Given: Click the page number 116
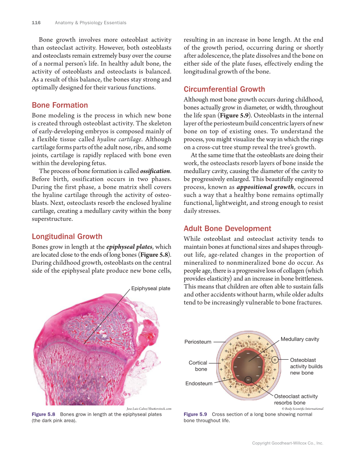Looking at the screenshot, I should (x=36, y=22).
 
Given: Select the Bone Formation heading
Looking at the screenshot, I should (x=60, y=105).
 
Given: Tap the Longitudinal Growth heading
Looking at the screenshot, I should (x=67, y=237).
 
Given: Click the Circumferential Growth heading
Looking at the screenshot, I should (x=224, y=89).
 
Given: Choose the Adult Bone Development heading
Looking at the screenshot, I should (x=227, y=229).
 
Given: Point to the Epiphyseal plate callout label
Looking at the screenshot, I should (x=151, y=288).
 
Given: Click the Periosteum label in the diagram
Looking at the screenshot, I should (x=198, y=342).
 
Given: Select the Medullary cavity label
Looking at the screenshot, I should (x=300, y=339).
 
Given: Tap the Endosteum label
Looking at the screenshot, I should (x=199, y=383).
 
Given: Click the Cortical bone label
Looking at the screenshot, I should (x=198, y=366).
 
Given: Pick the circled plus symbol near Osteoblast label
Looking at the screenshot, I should (x=275, y=360).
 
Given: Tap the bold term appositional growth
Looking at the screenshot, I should (x=265, y=187).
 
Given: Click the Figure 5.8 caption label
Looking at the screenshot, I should (x=44, y=414).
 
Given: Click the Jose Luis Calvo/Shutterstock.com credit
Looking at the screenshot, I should (x=149, y=408).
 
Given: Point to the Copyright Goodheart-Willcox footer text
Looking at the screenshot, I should (x=287, y=443).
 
